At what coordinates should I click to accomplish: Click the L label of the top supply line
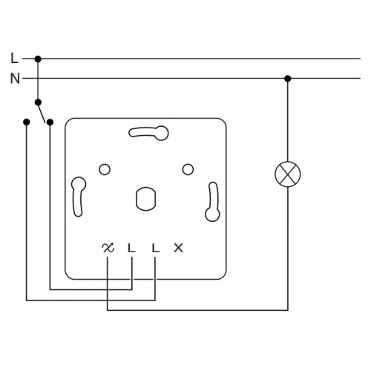coord(14,58)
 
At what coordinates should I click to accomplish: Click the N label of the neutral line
coord(15,78)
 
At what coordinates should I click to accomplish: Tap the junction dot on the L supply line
coord(38,59)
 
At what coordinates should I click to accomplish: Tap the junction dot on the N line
coord(287,79)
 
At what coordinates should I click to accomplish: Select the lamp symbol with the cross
coord(288,174)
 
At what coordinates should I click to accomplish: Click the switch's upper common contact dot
coord(38,102)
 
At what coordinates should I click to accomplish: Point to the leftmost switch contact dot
coord(26,122)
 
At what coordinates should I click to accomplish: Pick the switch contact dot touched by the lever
coord(50,122)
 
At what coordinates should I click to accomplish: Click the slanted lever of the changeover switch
coord(42,113)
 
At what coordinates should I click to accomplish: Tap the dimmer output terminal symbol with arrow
coord(108,248)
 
